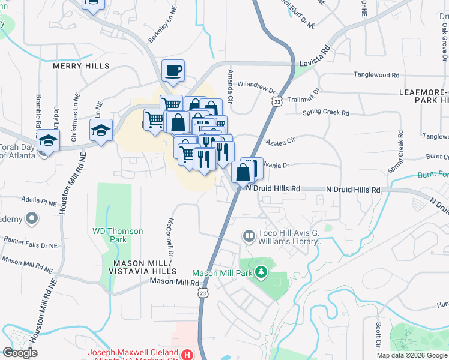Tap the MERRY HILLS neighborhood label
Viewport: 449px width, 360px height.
point(81,65)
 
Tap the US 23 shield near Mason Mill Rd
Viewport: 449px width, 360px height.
point(203,293)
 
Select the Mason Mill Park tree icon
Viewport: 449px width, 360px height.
point(261,272)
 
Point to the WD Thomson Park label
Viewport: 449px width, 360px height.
point(118,231)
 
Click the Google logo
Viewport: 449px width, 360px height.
point(20,353)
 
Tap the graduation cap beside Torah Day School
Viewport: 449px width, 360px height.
point(47,142)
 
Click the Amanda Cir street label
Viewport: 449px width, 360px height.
point(229,90)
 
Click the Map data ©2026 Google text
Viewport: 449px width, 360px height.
point(412,355)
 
